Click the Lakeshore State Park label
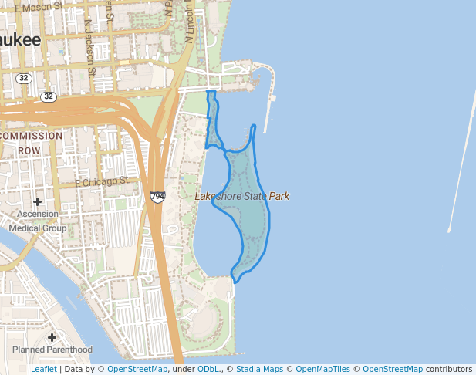coord(242,196)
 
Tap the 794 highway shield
coord(157,198)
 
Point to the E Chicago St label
coord(103,182)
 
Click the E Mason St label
coord(39,6)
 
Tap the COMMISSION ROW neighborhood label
coord(31,143)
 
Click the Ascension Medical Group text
coord(38,221)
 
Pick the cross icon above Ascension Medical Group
coord(37,201)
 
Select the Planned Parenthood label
coord(52,350)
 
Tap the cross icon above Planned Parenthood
coord(52,337)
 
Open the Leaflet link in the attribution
coord(43,369)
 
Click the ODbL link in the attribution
coord(208,369)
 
